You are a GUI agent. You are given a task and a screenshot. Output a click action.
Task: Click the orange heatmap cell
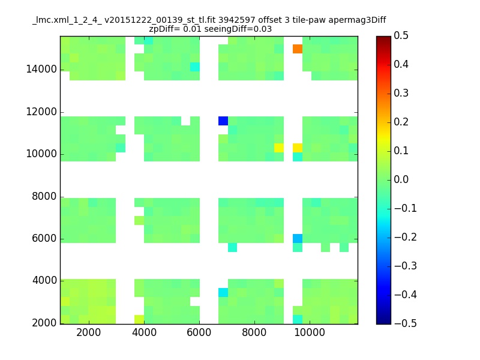click(298, 49)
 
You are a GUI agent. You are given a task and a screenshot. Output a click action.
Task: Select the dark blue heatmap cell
click(223, 121)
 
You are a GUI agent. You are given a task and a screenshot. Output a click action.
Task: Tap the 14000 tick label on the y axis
click(41, 69)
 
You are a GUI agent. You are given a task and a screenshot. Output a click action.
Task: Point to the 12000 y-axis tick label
click(41, 112)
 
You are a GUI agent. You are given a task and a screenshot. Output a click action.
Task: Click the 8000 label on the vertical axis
click(44, 196)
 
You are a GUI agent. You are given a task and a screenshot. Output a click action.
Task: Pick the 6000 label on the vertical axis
click(44, 238)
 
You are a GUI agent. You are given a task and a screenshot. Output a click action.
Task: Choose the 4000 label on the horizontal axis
click(144, 332)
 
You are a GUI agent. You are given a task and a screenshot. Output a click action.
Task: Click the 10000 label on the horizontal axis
click(310, 332)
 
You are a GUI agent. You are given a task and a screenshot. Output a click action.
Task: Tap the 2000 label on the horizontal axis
click(88, 332)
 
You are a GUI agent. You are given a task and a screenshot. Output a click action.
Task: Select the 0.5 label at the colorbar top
click(401, 35)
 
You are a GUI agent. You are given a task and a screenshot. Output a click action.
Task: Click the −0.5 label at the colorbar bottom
click(406, 323)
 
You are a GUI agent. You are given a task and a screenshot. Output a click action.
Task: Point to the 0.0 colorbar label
click(401, 179)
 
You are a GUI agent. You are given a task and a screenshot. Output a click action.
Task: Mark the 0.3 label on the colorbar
click(401, 93)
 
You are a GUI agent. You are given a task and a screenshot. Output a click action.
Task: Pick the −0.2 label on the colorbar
click(406, 237)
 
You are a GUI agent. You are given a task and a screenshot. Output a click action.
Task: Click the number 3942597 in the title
click(236, 20)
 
